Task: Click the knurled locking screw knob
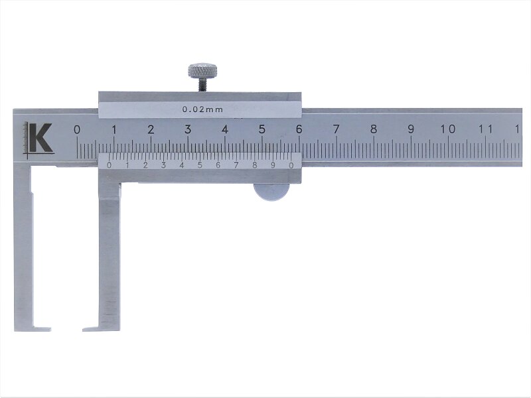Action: (202, 71)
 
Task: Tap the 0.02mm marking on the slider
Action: (202, 109)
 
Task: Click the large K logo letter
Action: (40, 138)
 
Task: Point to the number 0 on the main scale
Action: (77, 130)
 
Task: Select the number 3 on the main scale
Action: (188, 129)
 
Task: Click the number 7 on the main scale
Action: (336, 129)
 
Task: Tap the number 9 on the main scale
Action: (410, 129)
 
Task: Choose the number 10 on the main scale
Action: (447, 129)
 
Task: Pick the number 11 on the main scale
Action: (485, 129)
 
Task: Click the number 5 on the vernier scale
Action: (200, 165)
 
